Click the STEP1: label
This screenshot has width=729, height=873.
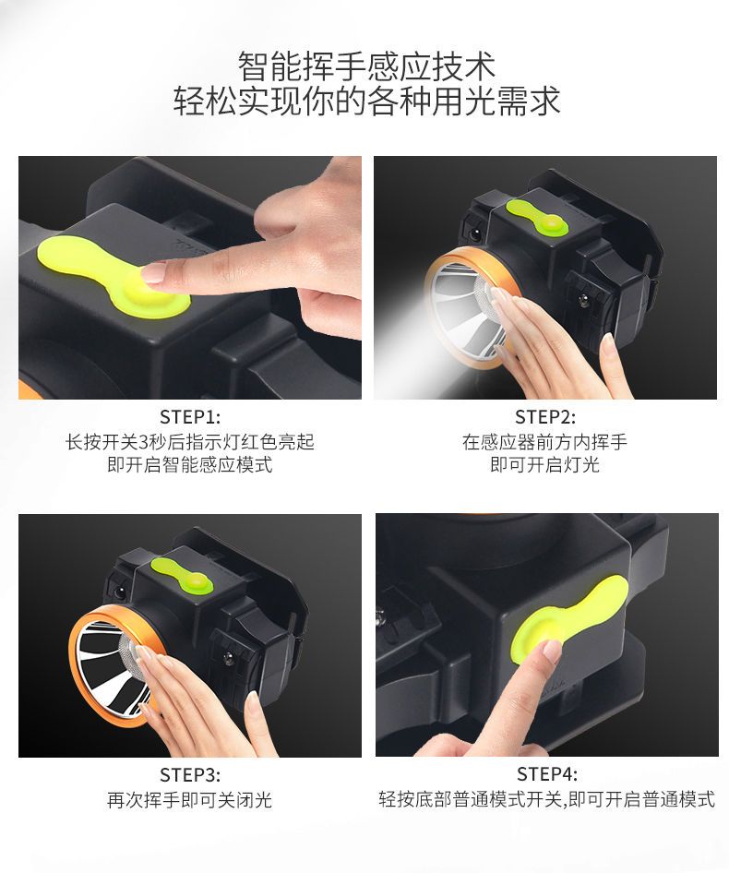click(x=190, y=417)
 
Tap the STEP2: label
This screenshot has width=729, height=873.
click(x=545, y=417)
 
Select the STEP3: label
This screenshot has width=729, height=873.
click(x=190, y=774)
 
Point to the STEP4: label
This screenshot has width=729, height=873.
click(x=547, y=774)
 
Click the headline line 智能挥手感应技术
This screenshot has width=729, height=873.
click(x=366, y=66)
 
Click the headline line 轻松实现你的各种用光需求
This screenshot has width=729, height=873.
click(x=366, y=102)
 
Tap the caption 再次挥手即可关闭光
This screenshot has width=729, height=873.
click(x=190, y=800)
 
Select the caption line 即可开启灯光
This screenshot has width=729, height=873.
click(x=544, y=464)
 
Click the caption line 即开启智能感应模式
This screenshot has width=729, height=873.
click(x=190, y=464)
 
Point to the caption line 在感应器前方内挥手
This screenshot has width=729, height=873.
click(x=544, y=442)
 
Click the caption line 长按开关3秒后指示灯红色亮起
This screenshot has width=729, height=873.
click(x=190, y=442)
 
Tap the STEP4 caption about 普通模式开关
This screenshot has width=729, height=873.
click(x=546, y=799)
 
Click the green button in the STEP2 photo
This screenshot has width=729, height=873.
click(x=537, y=219)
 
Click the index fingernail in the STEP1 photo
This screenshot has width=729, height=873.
click(x=154, y=271)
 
